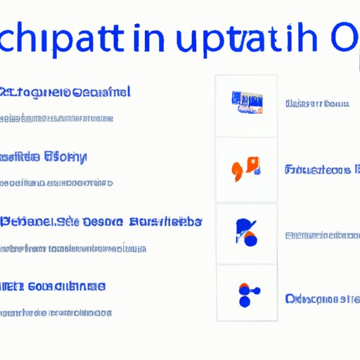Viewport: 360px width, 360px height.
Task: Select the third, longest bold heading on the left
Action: [101, 221]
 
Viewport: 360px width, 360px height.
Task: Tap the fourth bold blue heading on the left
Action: [53, 286]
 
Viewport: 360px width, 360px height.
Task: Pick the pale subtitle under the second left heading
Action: [56, 183]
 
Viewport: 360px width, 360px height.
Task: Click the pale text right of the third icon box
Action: [320, 235]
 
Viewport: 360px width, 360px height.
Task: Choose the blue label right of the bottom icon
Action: [320, 298]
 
